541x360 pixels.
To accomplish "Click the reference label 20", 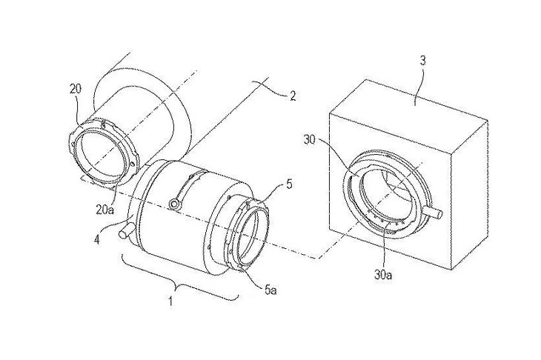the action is point(76,90).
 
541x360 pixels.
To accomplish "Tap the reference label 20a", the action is point(104,210).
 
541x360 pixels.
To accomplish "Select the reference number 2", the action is point(293,96).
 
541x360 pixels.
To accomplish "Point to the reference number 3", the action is point(422,61).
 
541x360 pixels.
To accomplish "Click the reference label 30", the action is point(310,140).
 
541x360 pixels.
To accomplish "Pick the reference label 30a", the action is point(383,275).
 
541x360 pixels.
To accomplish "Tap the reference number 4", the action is point(97,239).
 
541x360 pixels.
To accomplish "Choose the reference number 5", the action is point(289,184).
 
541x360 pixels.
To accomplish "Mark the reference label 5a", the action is point(270,290).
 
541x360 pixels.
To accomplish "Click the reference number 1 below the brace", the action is point(170,301).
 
